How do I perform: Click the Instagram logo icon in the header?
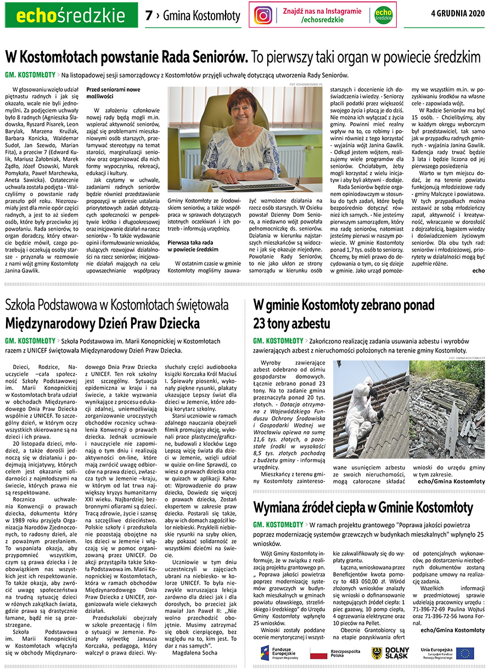pos(263,15)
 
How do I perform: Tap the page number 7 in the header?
pos(148,16)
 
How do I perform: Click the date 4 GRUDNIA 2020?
pos(458,13)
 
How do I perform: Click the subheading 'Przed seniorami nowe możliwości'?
pos(113,92)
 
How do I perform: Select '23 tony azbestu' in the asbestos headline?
pos(291,322)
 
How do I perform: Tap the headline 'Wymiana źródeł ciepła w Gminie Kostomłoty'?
pos(363,506)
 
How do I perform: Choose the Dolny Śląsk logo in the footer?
pos(391,653)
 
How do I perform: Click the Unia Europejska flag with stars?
pos(464,653)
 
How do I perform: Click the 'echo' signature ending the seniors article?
pos(478,270)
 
